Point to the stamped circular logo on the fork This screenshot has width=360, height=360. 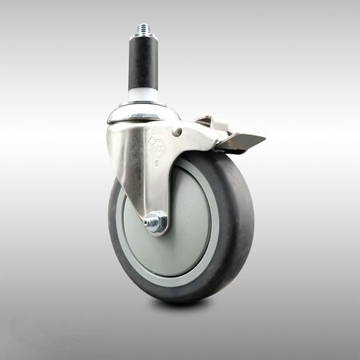click(x=154, y=144)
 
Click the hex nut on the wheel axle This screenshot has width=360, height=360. click(x=157, y=221)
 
